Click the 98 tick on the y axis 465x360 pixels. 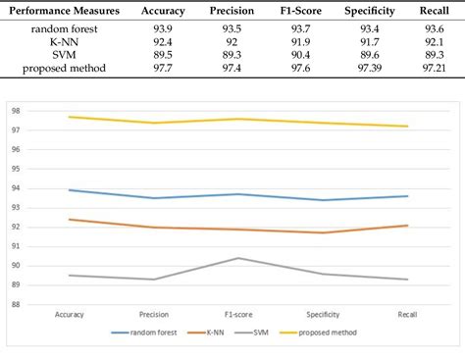coord(15,111)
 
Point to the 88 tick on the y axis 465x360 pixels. coord(15,304)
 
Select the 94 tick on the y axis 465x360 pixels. coord(15,188)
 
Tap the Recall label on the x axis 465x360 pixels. coord(407,316)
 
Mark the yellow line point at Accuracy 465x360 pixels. coord(70,117)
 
